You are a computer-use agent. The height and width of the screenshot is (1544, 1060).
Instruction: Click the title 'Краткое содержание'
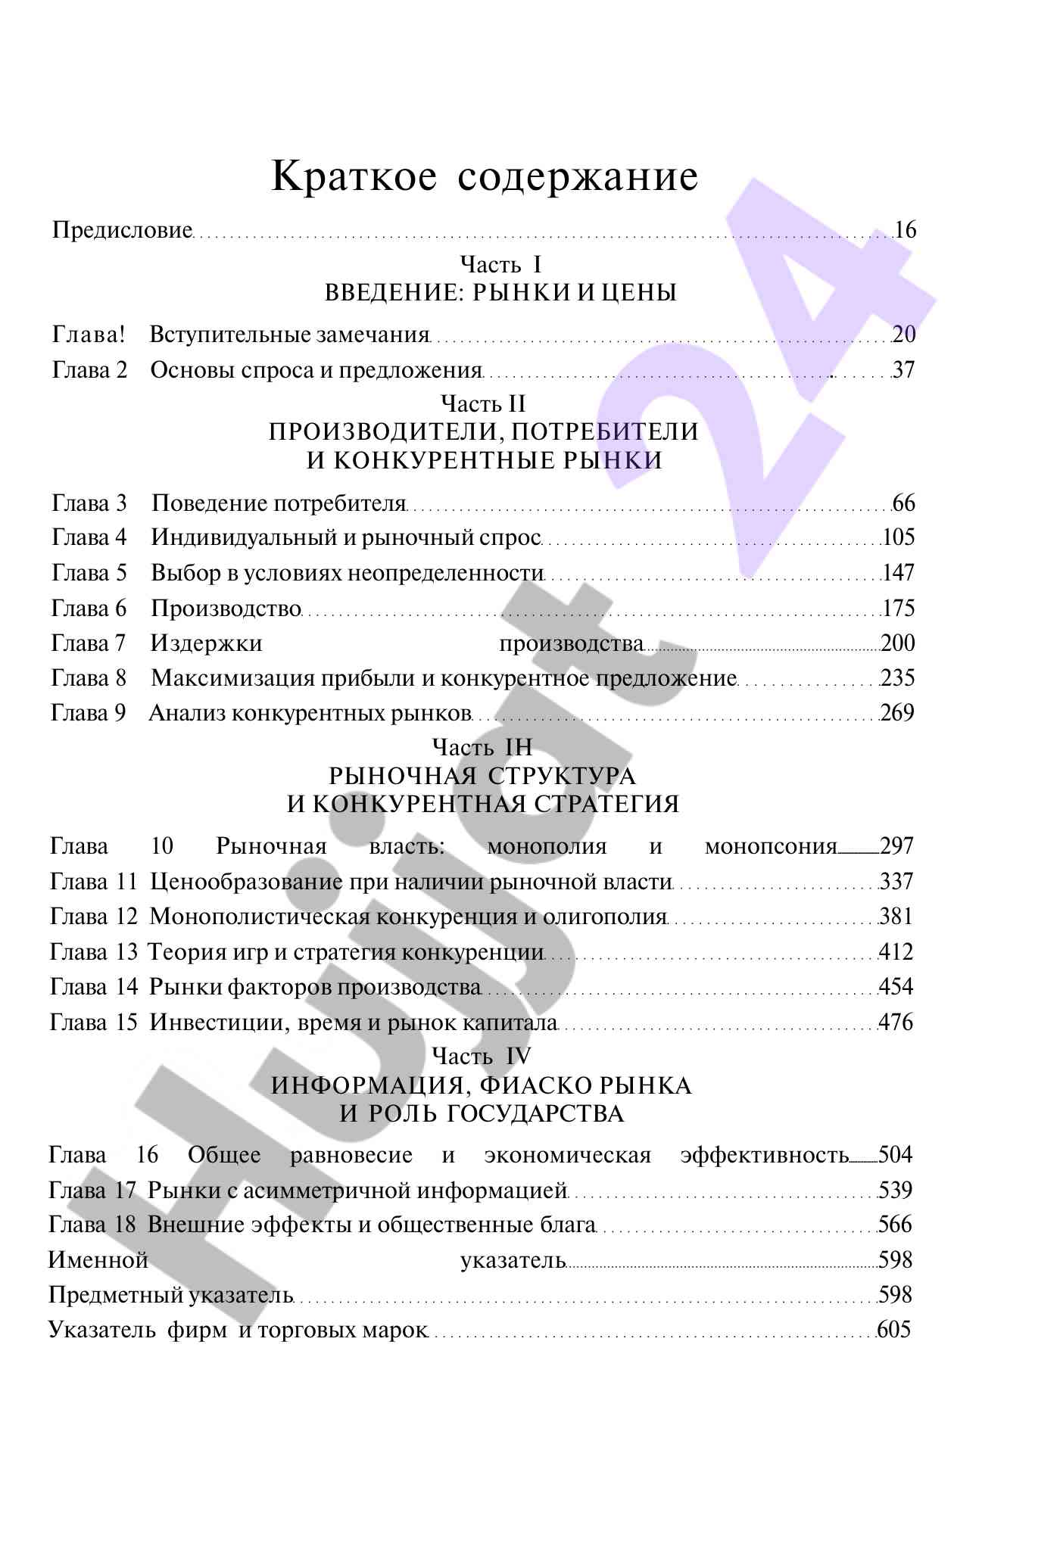coord(485,177)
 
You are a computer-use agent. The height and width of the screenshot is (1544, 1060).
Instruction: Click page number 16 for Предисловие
coord(905,229)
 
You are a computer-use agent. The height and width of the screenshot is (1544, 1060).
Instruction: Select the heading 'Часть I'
coord(500,264)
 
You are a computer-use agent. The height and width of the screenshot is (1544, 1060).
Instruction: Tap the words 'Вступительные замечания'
coord(289,334)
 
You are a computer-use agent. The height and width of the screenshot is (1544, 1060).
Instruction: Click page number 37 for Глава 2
coord(903,370)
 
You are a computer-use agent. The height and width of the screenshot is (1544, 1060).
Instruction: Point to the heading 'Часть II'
coord(483,403)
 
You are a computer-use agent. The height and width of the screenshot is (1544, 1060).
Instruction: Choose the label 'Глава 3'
coord(89,503)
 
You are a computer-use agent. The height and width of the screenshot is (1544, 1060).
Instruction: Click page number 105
coord(899,537)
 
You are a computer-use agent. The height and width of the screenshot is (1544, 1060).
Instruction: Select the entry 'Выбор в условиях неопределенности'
coord(348,573)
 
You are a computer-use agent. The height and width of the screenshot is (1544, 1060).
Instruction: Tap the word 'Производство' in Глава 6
coord(226,608)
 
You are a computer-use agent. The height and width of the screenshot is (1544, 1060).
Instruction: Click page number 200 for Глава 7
coord(898,643)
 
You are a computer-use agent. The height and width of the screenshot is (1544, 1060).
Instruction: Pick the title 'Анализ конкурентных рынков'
coord(310,713)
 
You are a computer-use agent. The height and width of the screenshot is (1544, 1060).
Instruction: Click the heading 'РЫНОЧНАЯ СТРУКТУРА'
coord(482,776)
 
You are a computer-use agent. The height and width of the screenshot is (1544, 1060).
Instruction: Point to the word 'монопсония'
coord(771,846)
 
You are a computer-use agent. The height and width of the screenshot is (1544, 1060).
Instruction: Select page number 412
coord(896,951)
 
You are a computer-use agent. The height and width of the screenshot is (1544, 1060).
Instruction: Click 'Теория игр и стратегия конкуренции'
coord(345,951)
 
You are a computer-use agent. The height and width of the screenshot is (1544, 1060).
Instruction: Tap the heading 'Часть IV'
coord(482,1056)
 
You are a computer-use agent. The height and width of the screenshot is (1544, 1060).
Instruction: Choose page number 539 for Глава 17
coord(896,1191)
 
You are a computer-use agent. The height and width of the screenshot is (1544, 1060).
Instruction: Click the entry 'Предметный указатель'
coord(171,1295)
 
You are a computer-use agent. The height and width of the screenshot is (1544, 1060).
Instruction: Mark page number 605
coord(894,1330)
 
